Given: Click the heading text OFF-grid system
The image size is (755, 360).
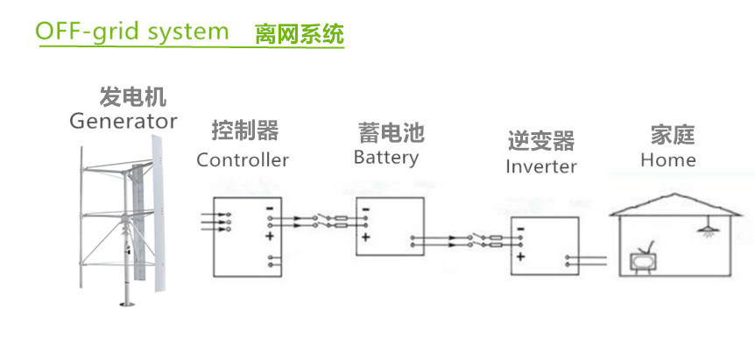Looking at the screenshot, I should (x=131, y=32).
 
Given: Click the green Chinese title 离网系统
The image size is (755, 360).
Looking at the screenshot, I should (x=300, y=34).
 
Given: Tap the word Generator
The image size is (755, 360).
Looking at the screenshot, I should (x=123, y=121).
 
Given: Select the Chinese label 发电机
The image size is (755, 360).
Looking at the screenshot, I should (x=132, y=96).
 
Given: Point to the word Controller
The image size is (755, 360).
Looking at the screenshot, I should (x=243, y=160).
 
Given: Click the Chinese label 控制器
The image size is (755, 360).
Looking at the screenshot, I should (x=245, y=131).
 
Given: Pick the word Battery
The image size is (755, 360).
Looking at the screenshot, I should (x=386, y=159).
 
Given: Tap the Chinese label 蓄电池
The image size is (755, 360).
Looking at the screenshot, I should (x=391, y=132).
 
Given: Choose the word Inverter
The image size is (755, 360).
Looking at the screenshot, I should (x=541, y=166).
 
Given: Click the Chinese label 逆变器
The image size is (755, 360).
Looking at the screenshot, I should (x=541, y=141).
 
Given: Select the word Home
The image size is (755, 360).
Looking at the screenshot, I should (x=668, y=160).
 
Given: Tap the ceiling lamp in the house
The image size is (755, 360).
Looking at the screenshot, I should (x=703, y=230).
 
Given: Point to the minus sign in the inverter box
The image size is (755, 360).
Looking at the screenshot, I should (x=520, y=231).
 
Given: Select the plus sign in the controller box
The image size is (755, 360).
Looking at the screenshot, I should (x=270, y=236).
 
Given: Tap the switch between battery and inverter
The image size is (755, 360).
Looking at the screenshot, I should (x=477, y=238).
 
